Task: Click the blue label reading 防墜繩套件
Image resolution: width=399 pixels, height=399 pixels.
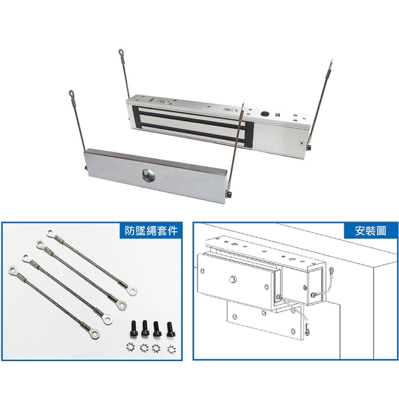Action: click(151, 231)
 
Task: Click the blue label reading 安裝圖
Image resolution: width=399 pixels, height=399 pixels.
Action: click(370, 231)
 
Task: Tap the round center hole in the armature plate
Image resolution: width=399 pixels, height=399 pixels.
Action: click(148, 175)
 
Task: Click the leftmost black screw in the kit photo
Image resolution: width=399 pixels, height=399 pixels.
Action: click(134, 329)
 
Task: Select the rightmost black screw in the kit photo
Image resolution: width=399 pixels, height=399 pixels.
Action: click(170, 330)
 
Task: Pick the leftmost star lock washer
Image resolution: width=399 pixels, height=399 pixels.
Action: click(130, 347)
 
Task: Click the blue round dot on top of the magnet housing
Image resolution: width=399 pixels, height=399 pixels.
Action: click(264, 114)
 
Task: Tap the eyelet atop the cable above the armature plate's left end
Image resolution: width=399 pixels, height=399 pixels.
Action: click(71, 93)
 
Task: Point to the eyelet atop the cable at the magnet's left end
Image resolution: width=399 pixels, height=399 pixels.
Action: click(121, 53)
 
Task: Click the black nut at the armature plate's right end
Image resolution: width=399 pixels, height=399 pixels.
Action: click(229, 194)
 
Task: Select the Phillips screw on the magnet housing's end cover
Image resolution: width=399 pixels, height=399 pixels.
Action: click(302, 144)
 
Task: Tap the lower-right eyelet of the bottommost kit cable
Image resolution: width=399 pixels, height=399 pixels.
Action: click(94, 333)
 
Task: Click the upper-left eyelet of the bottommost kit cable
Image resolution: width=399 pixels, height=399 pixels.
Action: click(13, 270)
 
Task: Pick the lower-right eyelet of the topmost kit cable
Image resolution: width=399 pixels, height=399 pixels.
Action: click(132, 291)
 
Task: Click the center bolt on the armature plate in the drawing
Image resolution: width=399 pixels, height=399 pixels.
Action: click(232, 280)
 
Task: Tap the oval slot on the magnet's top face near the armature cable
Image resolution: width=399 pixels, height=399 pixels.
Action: click(230, 110)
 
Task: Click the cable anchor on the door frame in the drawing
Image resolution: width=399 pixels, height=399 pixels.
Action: click(331, 270)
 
